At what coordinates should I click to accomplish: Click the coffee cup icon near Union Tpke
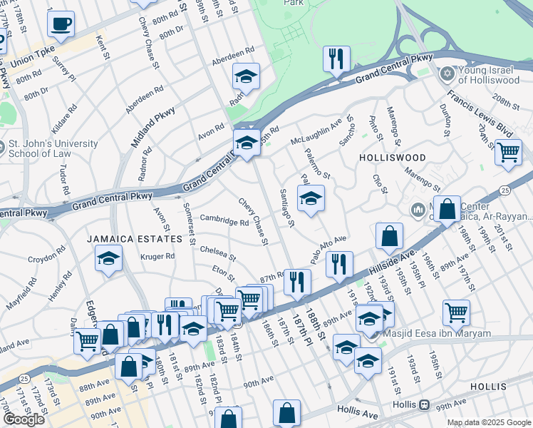pyautogui.click(x=61, y=24)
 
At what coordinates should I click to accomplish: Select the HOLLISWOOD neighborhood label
pyautogui.click(x=392, y=157)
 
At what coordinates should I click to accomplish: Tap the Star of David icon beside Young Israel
pyautogui.click(x=447, y=72)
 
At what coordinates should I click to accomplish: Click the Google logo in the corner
pyautogui.click(x=24, y=419)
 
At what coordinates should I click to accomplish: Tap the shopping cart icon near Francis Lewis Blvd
pyautogui.click(x=508, y=152)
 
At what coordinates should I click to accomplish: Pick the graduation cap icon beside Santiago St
pyautogui.click(x=311, y=199)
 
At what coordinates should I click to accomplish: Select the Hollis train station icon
pyautogui.click(x=425, y=404)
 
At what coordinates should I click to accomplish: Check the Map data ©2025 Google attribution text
pyautogui.click(x=489, y=422)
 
